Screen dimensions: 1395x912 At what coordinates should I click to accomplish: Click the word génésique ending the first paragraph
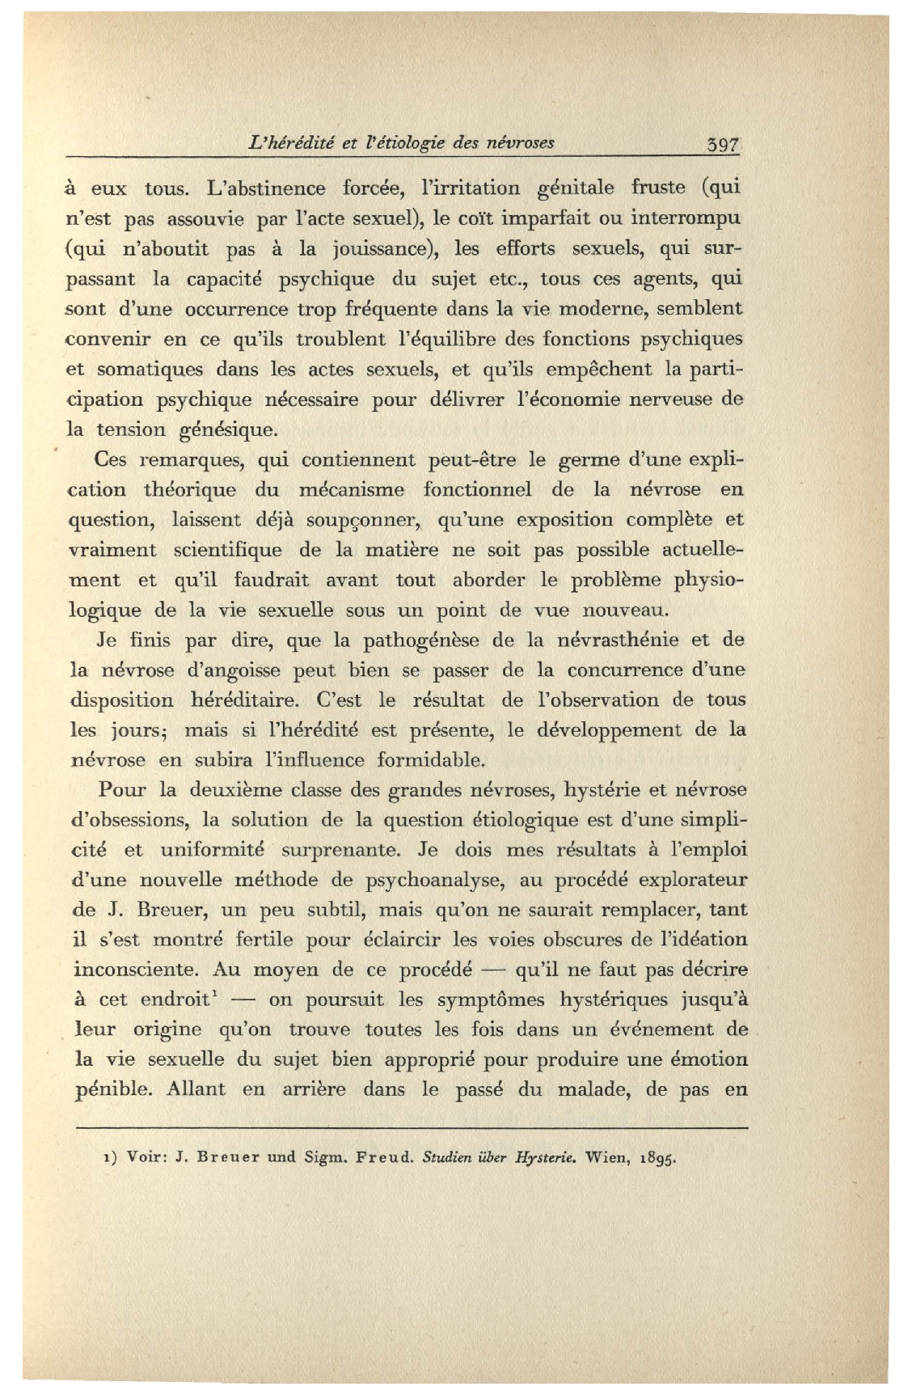pyautogui.click(x=222, y=430)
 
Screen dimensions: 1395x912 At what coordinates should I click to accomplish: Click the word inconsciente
pyautogui.click(x=134, y=970)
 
